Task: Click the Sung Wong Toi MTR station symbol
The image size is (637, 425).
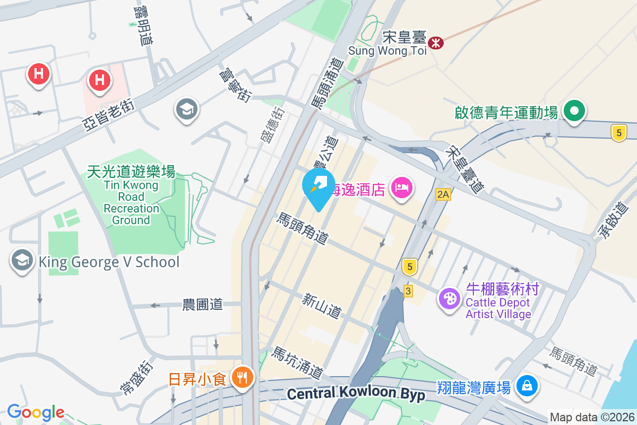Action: tap(436, 42)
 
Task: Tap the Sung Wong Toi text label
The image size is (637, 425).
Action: tap(387, 50)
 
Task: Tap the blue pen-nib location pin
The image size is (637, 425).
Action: tap(318, 186)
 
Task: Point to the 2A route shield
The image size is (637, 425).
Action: tap(443, 195)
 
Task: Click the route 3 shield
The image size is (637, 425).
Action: tap(408, 291)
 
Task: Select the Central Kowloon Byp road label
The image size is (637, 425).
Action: tap(356, 394)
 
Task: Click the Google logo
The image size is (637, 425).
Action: tap(36, 412)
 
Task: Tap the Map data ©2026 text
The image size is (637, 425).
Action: tap(591, 417)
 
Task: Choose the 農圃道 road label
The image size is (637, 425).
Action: tap(202, 304)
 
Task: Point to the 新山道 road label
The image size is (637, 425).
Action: tap(322, 306)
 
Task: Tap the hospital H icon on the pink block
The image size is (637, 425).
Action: tap(99, 80)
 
